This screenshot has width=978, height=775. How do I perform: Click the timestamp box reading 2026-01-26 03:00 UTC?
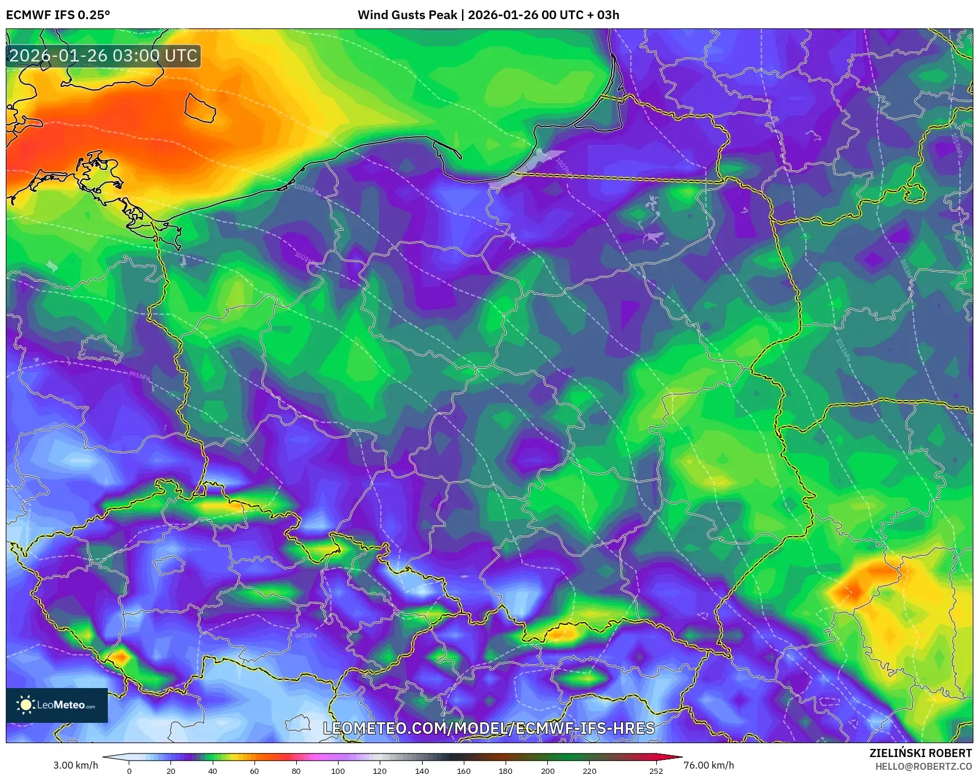tap(103, 56)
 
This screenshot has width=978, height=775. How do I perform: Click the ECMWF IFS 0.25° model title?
tap(58, 15)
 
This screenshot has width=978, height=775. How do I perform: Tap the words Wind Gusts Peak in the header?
tap(407, 15)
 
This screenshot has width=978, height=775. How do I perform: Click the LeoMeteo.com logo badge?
tap(57, 705)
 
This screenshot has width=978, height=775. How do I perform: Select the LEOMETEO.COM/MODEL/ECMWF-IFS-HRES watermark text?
tap(489, 728)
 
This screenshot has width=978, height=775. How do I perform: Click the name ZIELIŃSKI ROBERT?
tap(920, 753)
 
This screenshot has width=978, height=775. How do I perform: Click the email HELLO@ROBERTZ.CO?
tap(923, 766)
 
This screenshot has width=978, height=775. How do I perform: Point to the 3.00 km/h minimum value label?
tap(75, 765)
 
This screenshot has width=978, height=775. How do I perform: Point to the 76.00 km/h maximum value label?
tap(708, 765)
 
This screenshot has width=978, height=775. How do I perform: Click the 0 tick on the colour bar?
tap(129, 771)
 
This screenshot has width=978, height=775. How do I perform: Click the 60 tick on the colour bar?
tap(254, 771)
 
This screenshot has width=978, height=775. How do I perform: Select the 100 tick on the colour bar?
tap(337, 771)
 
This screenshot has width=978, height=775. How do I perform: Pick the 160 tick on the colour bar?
tap(463, 771)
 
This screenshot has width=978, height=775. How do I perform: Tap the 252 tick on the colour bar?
tap(656, 771)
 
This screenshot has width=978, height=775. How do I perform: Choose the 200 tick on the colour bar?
tap(547, 771)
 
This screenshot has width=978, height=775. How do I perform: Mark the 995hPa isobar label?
tap(139, 376)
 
